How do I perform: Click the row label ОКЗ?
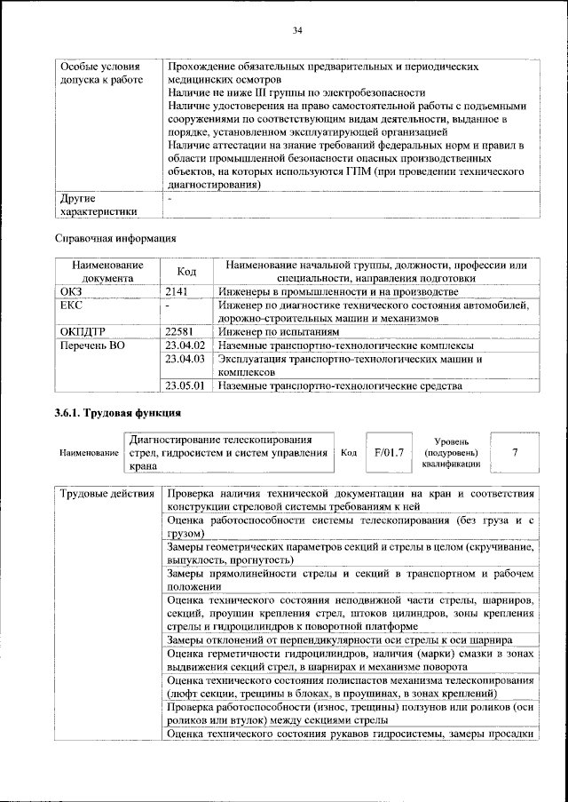70,291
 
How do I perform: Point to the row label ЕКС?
70,305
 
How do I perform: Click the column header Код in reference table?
186,272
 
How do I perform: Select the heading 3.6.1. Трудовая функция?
118,413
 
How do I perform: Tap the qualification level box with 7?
515,452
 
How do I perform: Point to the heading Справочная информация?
115,238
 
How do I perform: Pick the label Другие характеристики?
98,205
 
